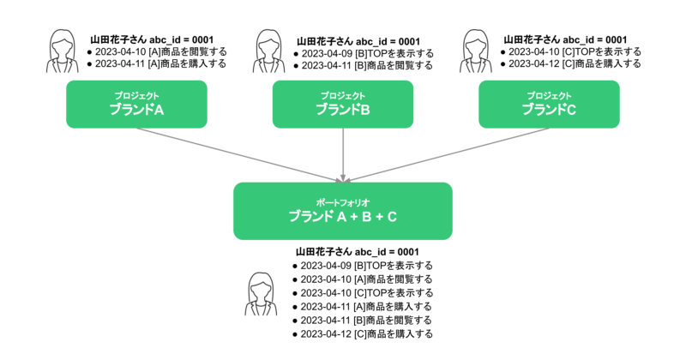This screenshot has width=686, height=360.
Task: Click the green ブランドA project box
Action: pos(137,104)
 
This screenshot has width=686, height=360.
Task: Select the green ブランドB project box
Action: pos(343,104)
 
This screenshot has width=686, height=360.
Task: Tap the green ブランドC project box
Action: pos(549,104)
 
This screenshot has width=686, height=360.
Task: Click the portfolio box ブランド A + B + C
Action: pos(343,211)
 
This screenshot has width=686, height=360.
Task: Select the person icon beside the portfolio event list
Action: pos(259,296)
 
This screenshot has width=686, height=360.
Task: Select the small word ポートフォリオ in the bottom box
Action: pos(342,201)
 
